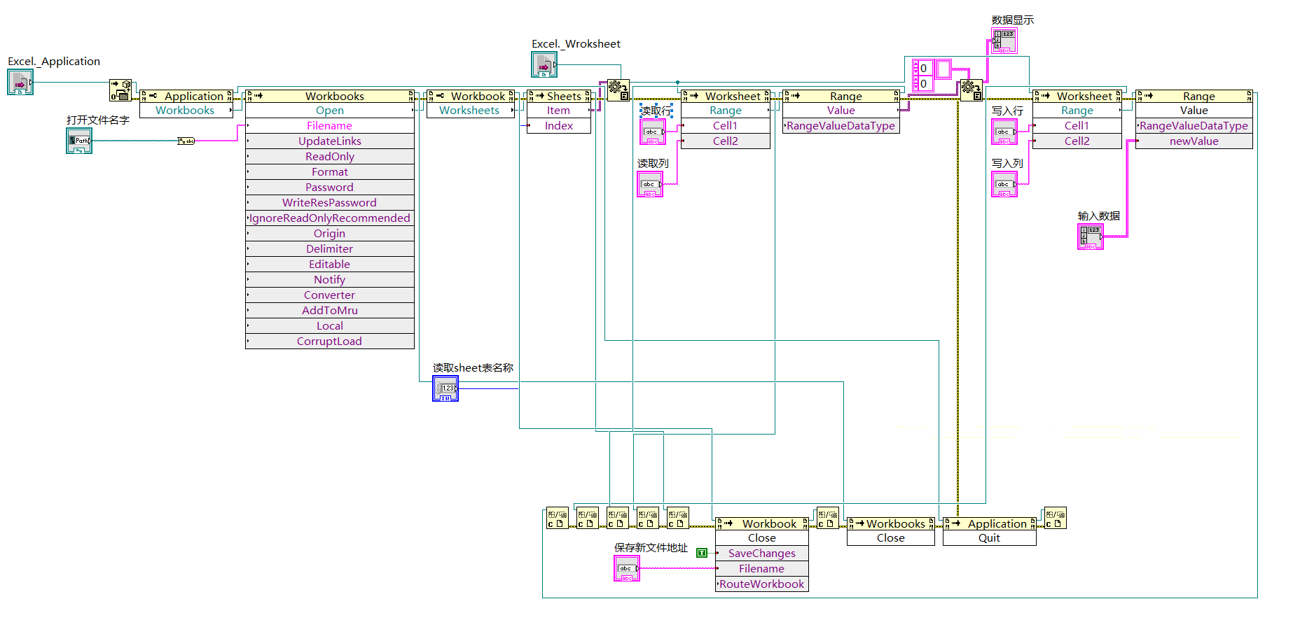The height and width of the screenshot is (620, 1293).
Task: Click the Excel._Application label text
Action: pos(54,62)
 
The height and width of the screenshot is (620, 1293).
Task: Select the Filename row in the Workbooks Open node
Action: pos(329,126)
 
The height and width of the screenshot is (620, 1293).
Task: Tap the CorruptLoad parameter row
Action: pos(329,341)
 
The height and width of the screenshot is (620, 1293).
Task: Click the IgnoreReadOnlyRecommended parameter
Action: pos(329,218)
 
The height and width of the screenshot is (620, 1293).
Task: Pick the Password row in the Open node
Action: pos(329,188)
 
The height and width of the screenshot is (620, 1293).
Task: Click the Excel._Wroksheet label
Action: pos(576,44)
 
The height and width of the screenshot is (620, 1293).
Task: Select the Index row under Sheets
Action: pos(558,126)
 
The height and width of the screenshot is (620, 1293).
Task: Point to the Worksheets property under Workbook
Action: pos(469,111)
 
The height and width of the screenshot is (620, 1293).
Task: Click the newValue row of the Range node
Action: pos(1194,141)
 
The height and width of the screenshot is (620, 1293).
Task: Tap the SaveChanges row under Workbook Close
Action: pos(761,554)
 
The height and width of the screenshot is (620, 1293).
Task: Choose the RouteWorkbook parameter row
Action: pos(761,584)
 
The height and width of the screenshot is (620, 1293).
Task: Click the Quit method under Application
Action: pos(989,538)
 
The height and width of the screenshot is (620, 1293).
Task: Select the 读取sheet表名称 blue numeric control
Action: pos(445,388)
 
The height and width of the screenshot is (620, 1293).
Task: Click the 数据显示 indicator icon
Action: pos(1004,41)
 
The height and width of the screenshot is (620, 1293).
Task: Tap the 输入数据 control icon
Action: pos(1091,237)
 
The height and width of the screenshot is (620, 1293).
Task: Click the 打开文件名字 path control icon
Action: pos(79,141)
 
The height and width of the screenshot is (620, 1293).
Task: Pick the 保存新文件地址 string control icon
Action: pos(627,568)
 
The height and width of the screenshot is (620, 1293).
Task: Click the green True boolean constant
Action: pos(702,553)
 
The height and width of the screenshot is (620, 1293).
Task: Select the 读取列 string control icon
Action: pos(650,184)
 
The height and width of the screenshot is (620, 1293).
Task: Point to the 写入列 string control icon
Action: pos(1004,184)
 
